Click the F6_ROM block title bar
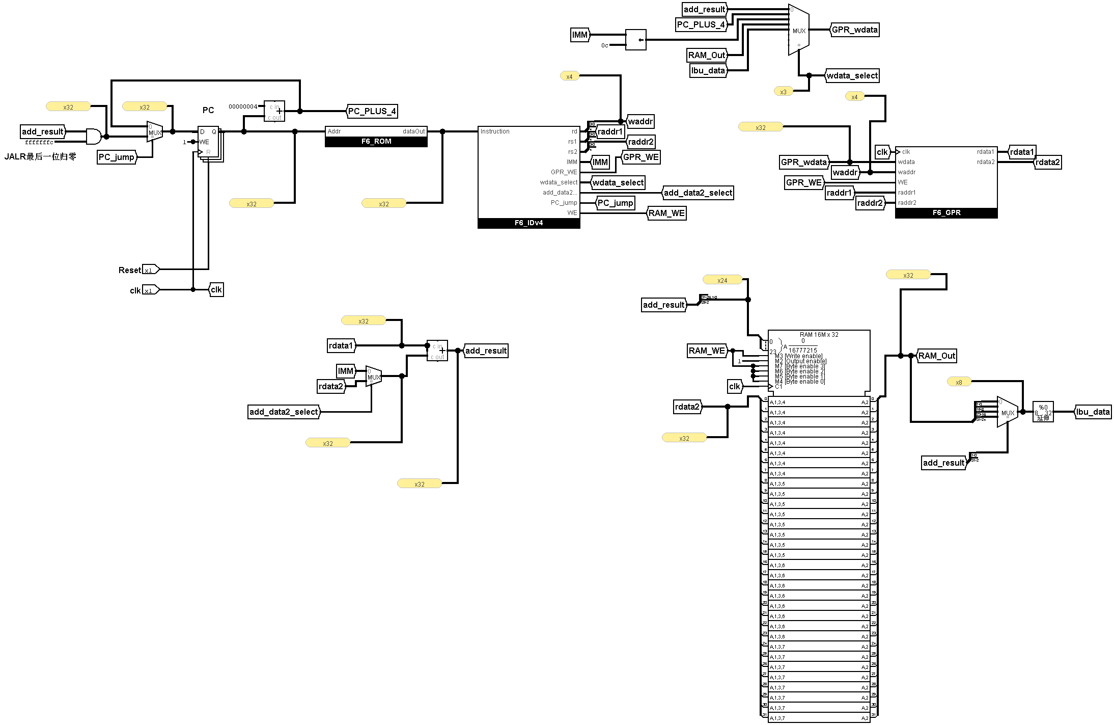[376, 142]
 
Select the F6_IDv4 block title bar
[528, 223]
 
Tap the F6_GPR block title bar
[946, 213]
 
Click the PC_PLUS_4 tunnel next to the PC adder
[372, 111]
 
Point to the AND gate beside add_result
[94, 137]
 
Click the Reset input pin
[150, 270]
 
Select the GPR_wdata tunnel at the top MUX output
[854, 30]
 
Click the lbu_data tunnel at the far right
[1093, 412]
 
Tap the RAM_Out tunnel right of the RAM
[936, 356]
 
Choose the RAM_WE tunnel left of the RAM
[707, 351]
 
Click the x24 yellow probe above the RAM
[722, 280]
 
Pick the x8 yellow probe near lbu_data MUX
[959, 382]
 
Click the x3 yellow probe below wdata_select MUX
[783, 92]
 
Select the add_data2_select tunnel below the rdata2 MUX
[284, 412]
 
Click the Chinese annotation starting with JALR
[40, 156]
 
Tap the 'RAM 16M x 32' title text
[819, 335]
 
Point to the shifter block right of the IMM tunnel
[635, 40]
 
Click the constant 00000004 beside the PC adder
[243, 106]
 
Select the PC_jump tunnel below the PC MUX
[117, 157]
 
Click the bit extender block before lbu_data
[1043, 412]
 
